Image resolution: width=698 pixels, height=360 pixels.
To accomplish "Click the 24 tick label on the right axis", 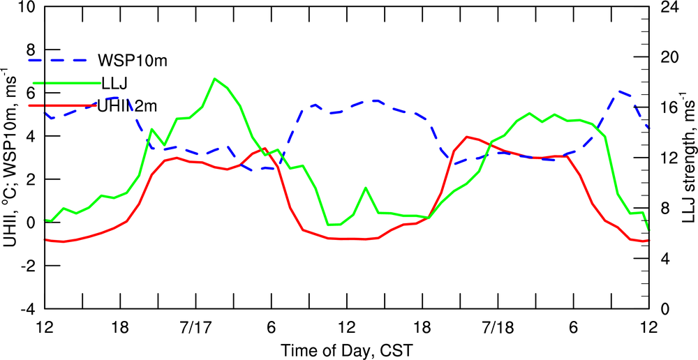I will point(669,8).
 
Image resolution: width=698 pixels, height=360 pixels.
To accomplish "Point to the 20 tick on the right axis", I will point(669,58).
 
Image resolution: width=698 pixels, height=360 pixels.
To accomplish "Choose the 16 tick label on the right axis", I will point(669,108).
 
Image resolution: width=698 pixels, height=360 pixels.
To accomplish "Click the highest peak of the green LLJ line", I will point(214,79).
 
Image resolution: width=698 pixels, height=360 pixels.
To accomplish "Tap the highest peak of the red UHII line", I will point(467,137).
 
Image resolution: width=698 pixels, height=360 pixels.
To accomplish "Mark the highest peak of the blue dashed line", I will point(618,91).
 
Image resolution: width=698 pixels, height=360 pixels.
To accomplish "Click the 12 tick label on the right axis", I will point(669,158).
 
